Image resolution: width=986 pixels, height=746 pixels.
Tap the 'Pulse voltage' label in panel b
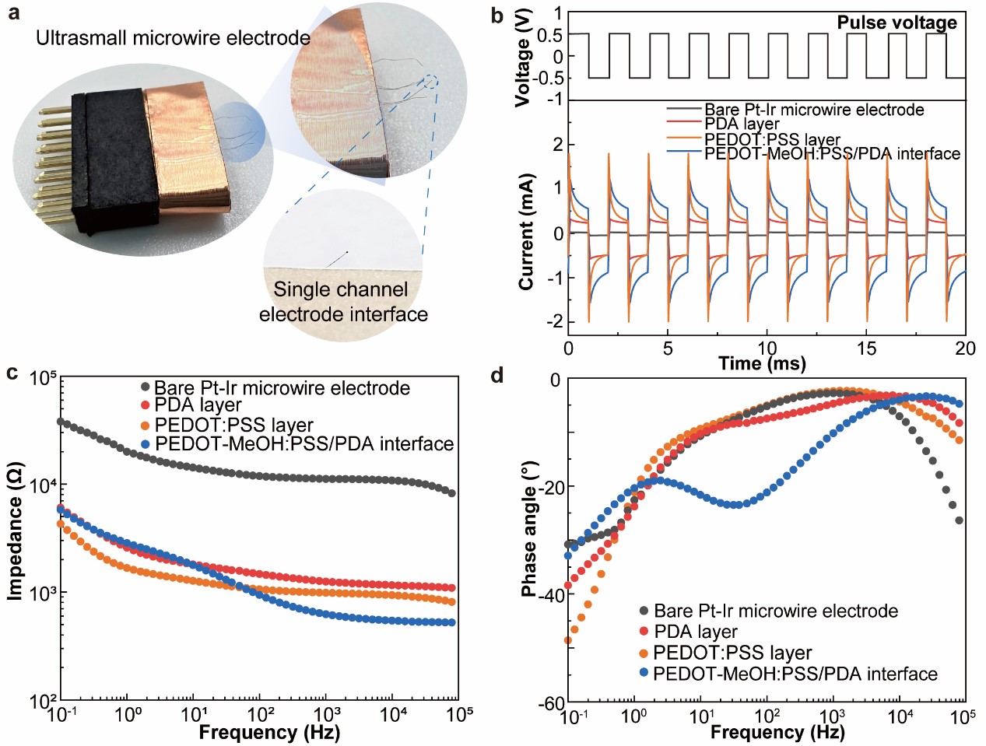pos(897,23)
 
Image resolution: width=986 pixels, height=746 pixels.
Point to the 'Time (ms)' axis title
pos(762,363)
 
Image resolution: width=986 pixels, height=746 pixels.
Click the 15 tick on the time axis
pos(866,348)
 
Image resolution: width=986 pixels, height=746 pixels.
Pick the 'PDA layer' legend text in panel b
pos(742,124)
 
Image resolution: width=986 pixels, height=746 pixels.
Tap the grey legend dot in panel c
pos(144,387)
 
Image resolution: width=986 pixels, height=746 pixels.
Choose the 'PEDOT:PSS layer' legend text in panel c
pos(233,425)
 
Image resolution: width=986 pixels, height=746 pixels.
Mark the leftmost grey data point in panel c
pos(61,422)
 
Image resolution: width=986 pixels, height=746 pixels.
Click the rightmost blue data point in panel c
pos(451,622)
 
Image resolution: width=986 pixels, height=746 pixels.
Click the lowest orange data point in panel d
pos(568,641)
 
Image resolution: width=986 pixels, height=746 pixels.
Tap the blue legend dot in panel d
pos(643,673)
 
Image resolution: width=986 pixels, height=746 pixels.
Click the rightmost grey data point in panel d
pos(960,520)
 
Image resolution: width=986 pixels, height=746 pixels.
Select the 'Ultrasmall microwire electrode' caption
pos(173,37)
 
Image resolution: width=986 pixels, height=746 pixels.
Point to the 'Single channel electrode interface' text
pos(342,302)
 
